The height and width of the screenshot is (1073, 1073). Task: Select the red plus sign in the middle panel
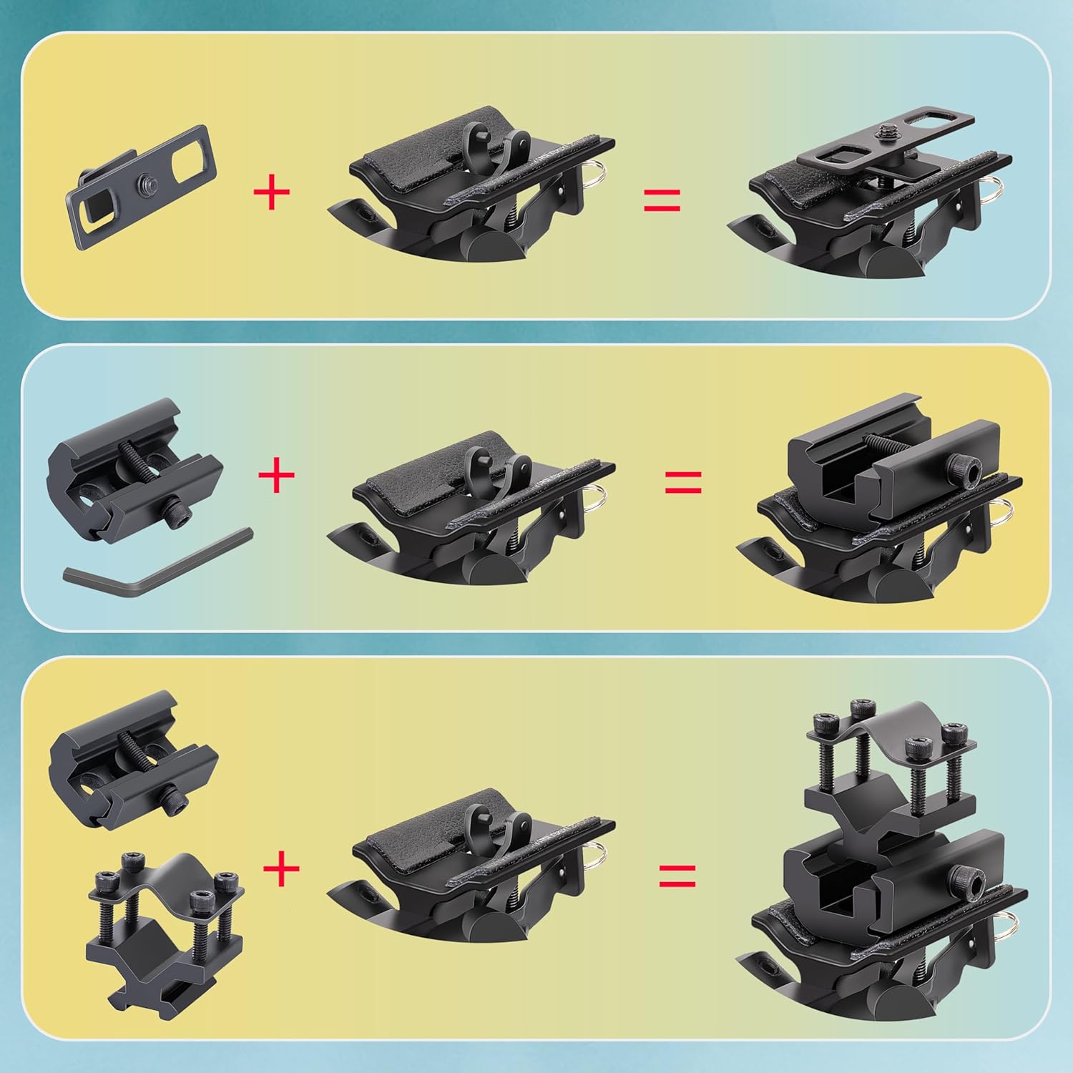(x=276, y=474)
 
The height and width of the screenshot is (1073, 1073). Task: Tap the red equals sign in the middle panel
(x=683, y=482)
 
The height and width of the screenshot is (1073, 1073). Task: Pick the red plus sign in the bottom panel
(x=281, y=869)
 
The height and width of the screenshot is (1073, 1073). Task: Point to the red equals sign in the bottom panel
(x=677, y=875)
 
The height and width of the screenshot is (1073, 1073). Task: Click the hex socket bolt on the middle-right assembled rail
(x=966, y=469)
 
